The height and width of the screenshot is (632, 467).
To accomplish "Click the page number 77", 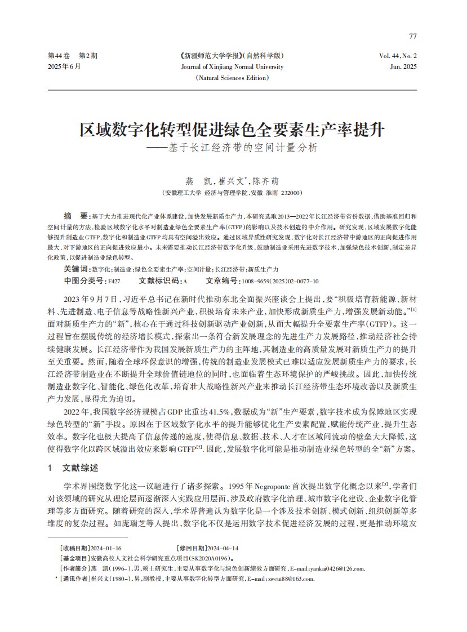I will click(x=413, y=37).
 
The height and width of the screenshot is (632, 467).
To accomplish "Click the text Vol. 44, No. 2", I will click(x=398, y=56).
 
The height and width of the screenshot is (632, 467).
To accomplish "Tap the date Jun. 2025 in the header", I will click(x=403, y=66).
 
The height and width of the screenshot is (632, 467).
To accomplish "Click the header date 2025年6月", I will click(x=64, y=66).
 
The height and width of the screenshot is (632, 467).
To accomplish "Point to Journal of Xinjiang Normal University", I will click(x=232, y=66).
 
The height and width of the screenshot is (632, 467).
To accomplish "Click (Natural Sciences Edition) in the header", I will click(x=232, y=78).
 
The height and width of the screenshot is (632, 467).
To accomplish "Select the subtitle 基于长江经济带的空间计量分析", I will click(x=239, y=149).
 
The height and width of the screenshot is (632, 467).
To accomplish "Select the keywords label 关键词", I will click(x=77, y=269).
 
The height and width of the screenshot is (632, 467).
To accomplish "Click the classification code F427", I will click(x=114, y=280).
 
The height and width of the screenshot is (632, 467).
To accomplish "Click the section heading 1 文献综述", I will click(x=73, y=468).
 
